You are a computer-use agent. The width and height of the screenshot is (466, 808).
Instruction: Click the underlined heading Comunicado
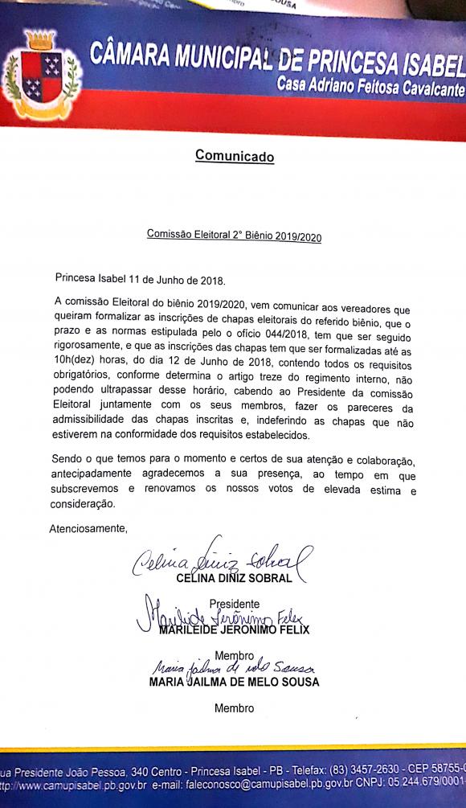coord(234,156)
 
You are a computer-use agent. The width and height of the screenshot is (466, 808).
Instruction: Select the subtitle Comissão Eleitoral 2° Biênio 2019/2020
coord(234,235)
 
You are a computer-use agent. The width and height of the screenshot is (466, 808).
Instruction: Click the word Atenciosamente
coord(88,528)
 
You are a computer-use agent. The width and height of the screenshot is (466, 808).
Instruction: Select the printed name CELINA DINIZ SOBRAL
coord(234,578)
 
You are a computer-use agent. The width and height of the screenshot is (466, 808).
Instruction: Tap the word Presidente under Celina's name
coord(234,604)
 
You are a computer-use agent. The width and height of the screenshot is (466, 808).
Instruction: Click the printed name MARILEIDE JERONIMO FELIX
coord(234,630)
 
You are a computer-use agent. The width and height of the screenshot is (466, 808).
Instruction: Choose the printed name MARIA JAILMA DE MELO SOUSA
coord(234,683)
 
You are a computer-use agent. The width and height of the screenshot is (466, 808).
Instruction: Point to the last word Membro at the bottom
coord(234,708)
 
